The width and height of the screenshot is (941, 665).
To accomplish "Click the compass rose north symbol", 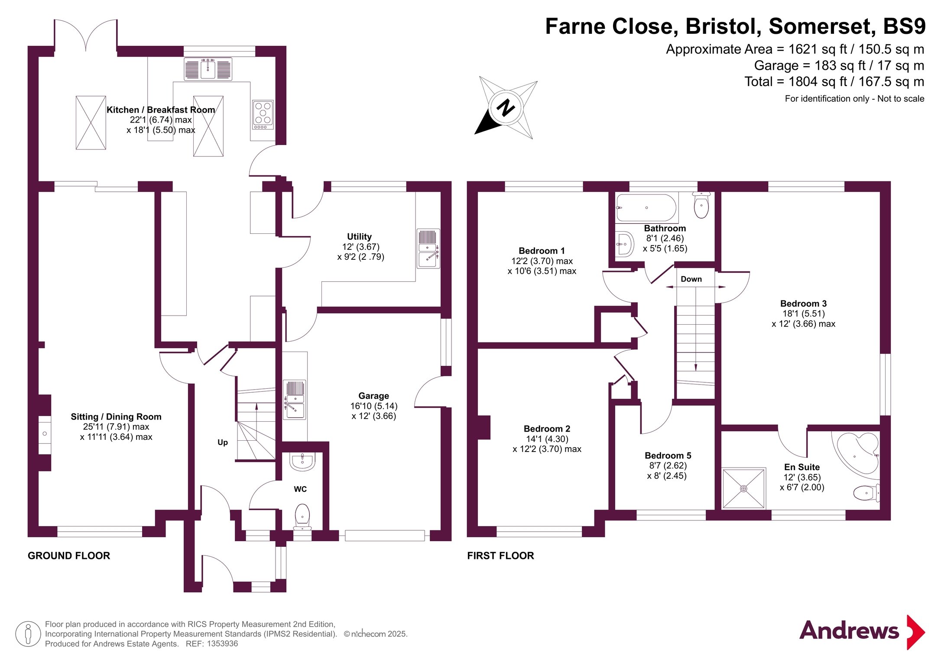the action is tap(506, 107).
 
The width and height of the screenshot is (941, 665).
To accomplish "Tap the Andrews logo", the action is tap(862, 632).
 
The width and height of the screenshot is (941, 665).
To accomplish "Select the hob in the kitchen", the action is tap(263, 115).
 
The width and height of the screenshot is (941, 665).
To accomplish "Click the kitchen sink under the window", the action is tap(208, 69).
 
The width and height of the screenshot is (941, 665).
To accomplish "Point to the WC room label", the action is tap(300, 489).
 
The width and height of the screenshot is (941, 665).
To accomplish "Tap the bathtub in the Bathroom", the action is tap(646, 208).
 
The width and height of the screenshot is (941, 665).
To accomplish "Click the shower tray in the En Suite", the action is tap(743, 488).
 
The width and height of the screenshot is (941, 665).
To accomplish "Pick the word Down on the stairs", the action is tap(691, 279).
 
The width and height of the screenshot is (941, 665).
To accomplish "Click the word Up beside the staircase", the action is tap(223, 442).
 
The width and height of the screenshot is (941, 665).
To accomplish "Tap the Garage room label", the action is tap(374, 396).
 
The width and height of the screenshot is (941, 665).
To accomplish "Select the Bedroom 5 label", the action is tap(668, 455).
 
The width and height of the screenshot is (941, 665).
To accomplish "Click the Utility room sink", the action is tap(428, 249).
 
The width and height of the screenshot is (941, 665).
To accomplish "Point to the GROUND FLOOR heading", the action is tap(69, 556).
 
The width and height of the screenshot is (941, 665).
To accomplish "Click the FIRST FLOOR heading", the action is tap(500, 556).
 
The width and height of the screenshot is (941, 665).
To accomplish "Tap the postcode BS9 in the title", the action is tap(904, 26).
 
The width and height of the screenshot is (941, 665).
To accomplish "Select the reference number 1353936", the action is tap(222, 644).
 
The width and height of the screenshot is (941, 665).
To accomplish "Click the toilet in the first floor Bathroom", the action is tap(701, 205).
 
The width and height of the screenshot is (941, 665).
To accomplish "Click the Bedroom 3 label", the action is tap(803, 303).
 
